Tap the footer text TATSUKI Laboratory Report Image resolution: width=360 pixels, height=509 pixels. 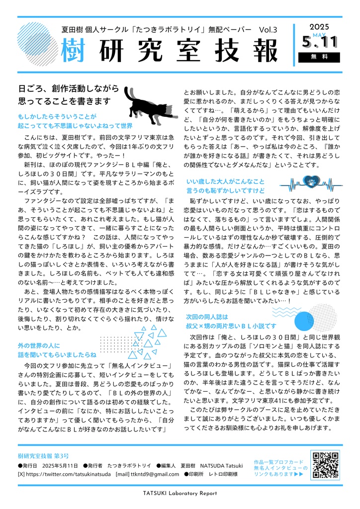point(180,494)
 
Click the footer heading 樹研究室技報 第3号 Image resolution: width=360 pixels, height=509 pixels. point(43,456)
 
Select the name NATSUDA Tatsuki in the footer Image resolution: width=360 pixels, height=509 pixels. point(221,465)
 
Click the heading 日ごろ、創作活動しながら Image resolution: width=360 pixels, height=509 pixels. point(69,89)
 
